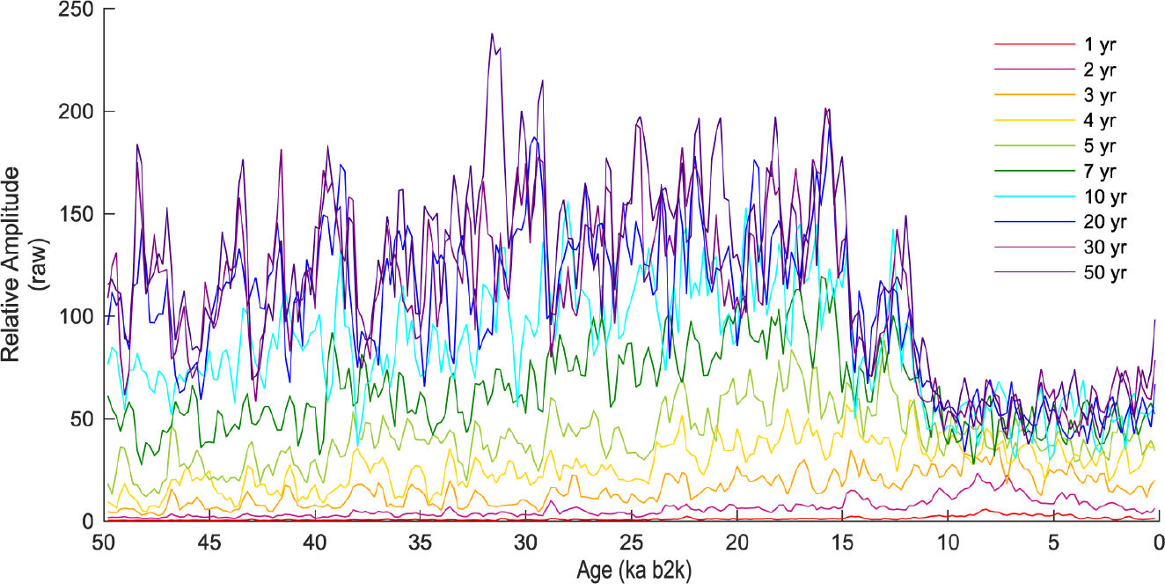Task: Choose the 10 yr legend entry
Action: pyautogui.click(x=1106, y=196)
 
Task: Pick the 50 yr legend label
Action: pyautogui.click(x=1106, y=271)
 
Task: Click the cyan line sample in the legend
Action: pyautogui.click(x=1035, y=196)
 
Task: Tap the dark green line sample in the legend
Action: pyautogui.click(x=1035, y=170)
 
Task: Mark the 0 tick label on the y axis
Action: pyautogui.click(x=88, y=521)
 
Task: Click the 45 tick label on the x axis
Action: pyautogui.click(x=209, y=541)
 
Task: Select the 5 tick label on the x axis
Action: pyautogui.click(x=1054, y=541)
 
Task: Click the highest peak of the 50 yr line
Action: pyautogui.click(x=492, y=34)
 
